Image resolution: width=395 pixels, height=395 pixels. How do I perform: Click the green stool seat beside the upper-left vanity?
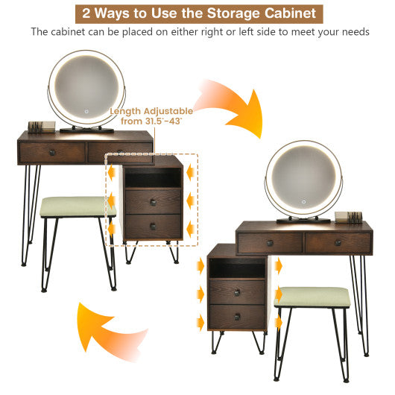coord(78,206)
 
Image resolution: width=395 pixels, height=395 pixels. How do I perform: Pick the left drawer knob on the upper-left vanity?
coord(52,153)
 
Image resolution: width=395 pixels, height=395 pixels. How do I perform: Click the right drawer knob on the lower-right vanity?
coord(337,242)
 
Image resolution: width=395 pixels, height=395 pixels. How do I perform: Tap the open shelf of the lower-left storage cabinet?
coord(237,268)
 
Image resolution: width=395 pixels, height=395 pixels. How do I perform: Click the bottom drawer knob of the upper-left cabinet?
coord(152,226)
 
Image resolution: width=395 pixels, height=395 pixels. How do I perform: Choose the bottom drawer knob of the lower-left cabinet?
coord(237,316)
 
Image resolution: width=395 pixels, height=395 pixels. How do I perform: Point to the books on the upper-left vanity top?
coord(37,126)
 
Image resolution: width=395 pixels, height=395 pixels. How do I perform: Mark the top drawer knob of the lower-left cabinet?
coord(237,292)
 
